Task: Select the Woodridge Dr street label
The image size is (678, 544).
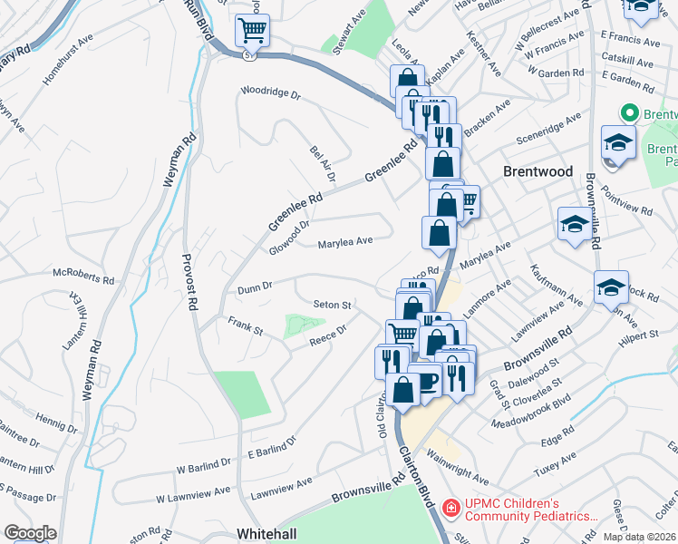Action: [x=270, y=92]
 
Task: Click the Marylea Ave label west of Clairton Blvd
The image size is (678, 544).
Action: [x=345, y=242]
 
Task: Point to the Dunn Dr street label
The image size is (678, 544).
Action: [x=255, y=288]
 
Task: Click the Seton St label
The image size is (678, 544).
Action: [x=332, y=304]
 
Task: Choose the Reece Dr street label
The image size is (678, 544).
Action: [x=329, y=334]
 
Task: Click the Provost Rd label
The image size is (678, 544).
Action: [x=192, y=291]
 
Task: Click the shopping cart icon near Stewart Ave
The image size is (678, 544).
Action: [x=252, y=30]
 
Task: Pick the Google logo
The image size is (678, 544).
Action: [x=30, y=533]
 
